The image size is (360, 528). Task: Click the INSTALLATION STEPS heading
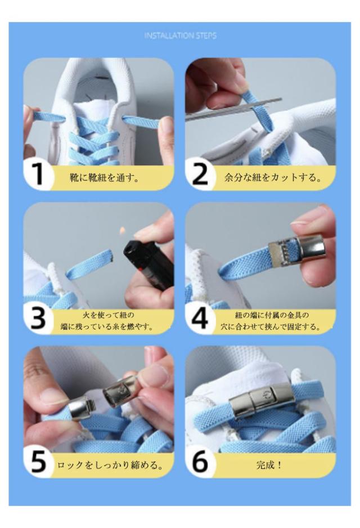click(181, 35)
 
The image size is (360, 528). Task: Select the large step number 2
click(200, 174)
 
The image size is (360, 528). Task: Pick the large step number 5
click(38, 462)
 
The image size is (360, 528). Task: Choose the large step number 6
click(200, 462)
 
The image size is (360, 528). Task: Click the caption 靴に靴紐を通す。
click(104, 177)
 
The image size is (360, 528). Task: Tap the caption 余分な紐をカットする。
click(272, 177)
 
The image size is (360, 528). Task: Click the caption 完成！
click(269, 466)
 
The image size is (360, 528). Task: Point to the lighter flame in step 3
click(122, 231)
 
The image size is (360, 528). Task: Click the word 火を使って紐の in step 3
click(109, 315)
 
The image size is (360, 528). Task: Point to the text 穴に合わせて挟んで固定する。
click(271, 326)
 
